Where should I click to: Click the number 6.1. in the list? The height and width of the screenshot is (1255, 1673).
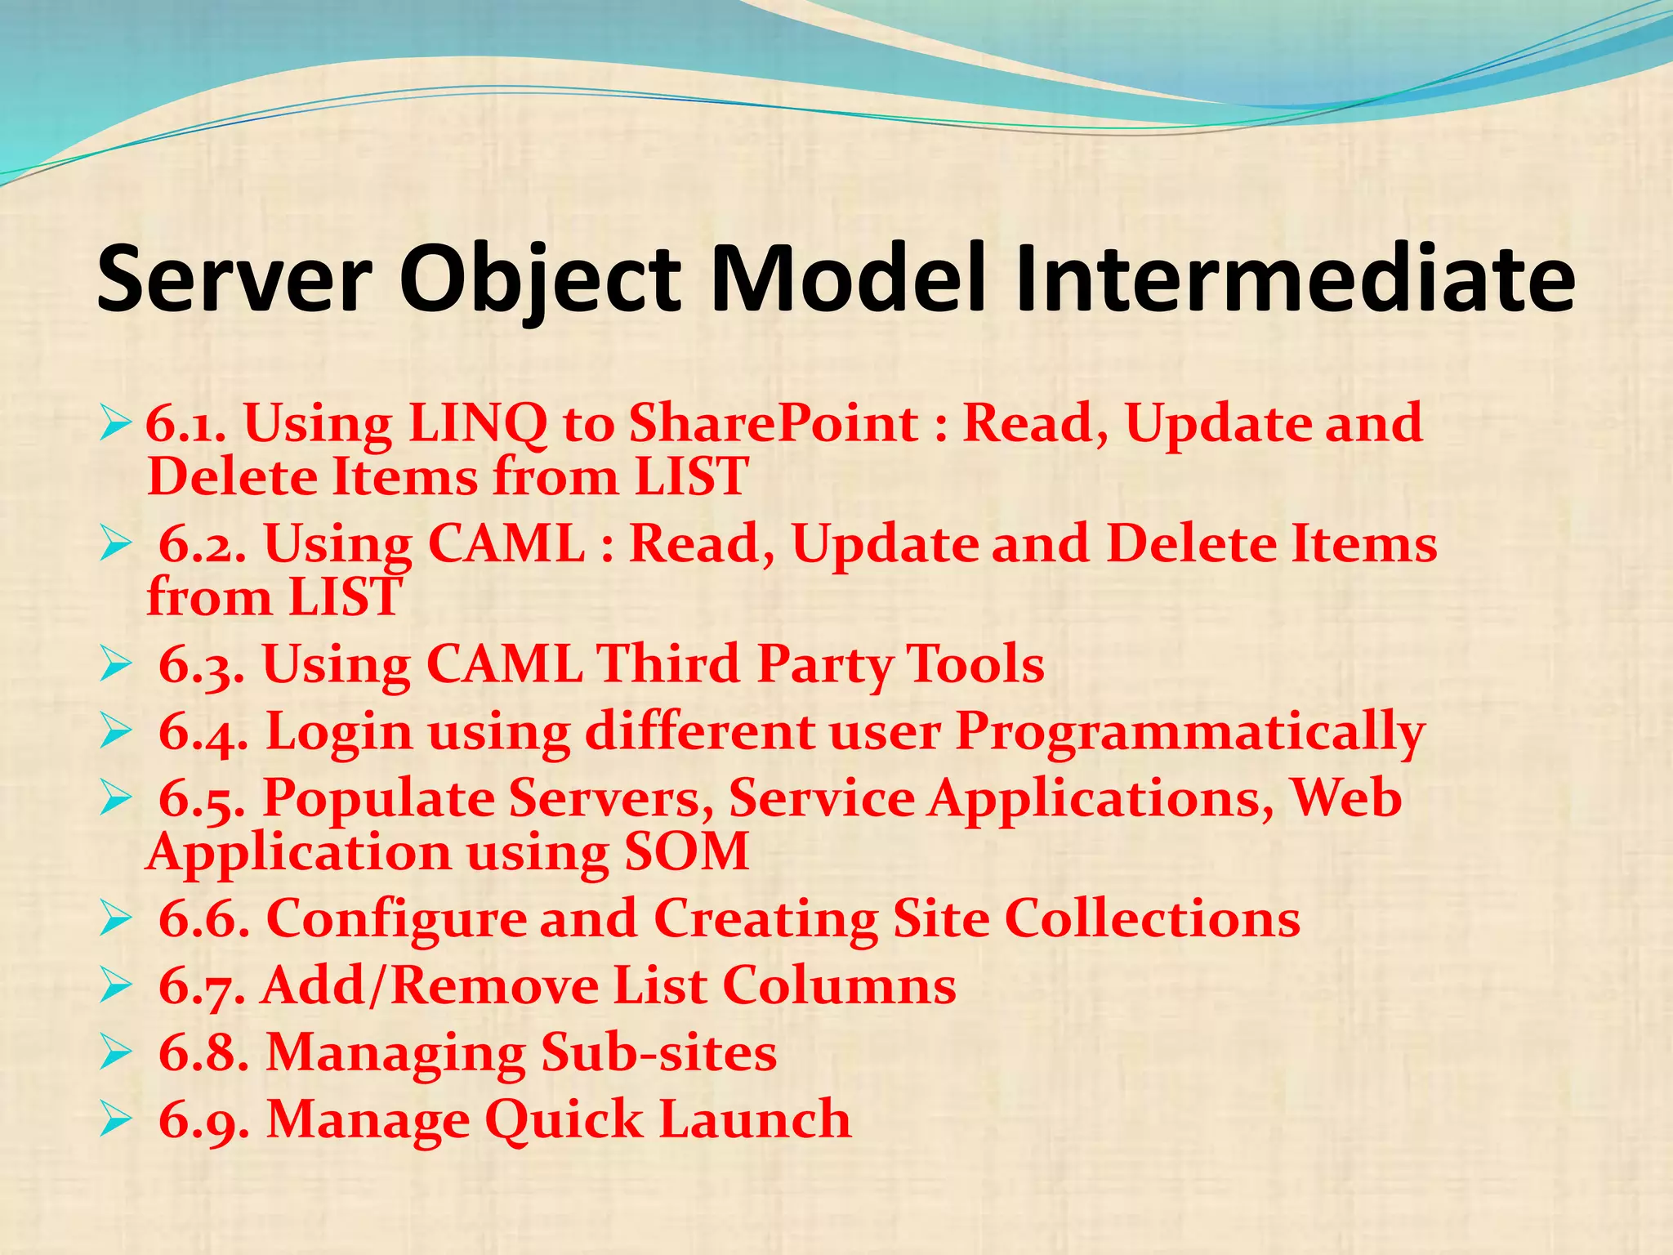coord(186,425)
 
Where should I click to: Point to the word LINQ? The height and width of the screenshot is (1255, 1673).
coord(478,425)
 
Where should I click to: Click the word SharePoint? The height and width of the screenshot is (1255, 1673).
coord(774,425)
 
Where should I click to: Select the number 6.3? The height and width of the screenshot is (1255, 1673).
coord(201,664)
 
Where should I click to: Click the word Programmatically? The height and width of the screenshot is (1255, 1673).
coord(1189,731)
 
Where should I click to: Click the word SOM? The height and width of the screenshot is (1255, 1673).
coord(686,852)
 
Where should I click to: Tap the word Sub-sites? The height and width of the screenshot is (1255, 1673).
coord(658,1053)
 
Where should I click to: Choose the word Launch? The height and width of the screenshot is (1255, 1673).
coord(755,1120)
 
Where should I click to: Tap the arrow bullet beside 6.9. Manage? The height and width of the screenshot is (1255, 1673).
coord(115,1121)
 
